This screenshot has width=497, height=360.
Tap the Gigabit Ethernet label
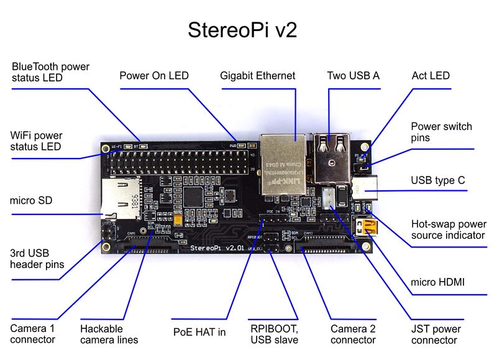[258, 76]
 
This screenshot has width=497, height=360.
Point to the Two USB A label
[353, 76]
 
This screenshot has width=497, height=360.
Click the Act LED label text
[431, 76]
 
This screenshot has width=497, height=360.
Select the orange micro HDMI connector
[365, 226]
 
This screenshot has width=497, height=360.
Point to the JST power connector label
[436, 335]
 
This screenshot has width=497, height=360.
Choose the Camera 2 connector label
[353, 335]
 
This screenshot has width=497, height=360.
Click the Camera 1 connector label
[33, 334]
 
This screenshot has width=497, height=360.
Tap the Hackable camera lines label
[109, 334]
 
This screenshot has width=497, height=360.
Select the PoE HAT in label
[199, 332]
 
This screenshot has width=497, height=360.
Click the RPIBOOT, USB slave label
[274, 334]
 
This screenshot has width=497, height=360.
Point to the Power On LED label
[154, 76]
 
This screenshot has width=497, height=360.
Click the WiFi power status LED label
[37, 141]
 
